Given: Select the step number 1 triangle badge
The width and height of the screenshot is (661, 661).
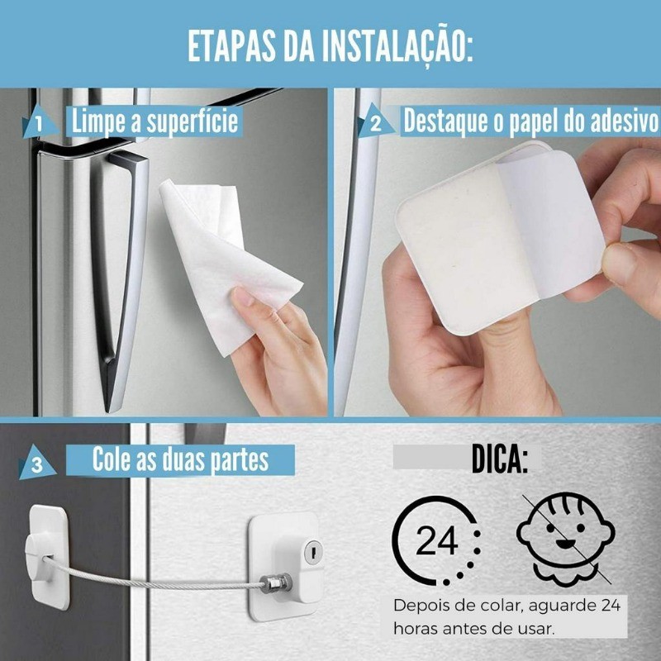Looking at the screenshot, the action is click(39, 122).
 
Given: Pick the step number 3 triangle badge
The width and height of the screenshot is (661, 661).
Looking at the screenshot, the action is click(37, 463).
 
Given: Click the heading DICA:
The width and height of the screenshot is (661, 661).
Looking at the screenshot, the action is click(500, 459).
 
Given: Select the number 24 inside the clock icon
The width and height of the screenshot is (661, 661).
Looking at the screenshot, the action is click(436, 540).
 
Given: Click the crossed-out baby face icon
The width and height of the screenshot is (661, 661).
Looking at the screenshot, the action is click(566, 539).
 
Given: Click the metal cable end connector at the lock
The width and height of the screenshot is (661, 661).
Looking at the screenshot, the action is click(276, 583).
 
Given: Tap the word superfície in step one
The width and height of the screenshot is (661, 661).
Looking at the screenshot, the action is click(193, 122).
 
